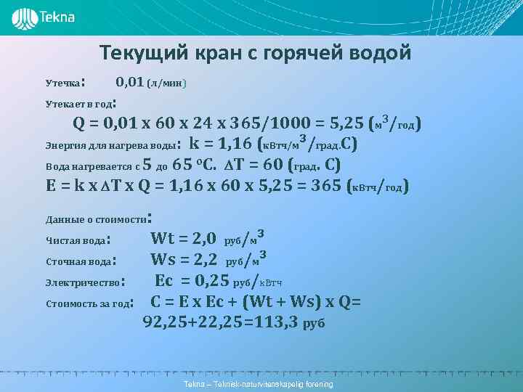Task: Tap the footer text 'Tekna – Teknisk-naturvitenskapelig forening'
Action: [x=259, y=383]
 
